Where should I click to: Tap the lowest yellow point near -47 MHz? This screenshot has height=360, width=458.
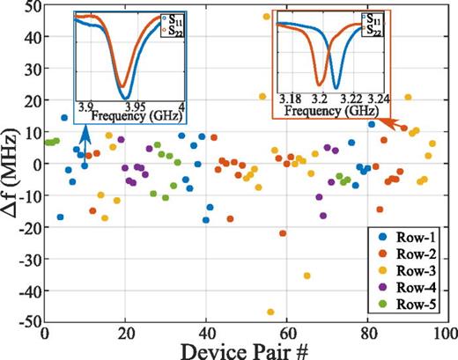coord(270,312)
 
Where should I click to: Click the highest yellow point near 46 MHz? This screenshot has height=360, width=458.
coord(267,17)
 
